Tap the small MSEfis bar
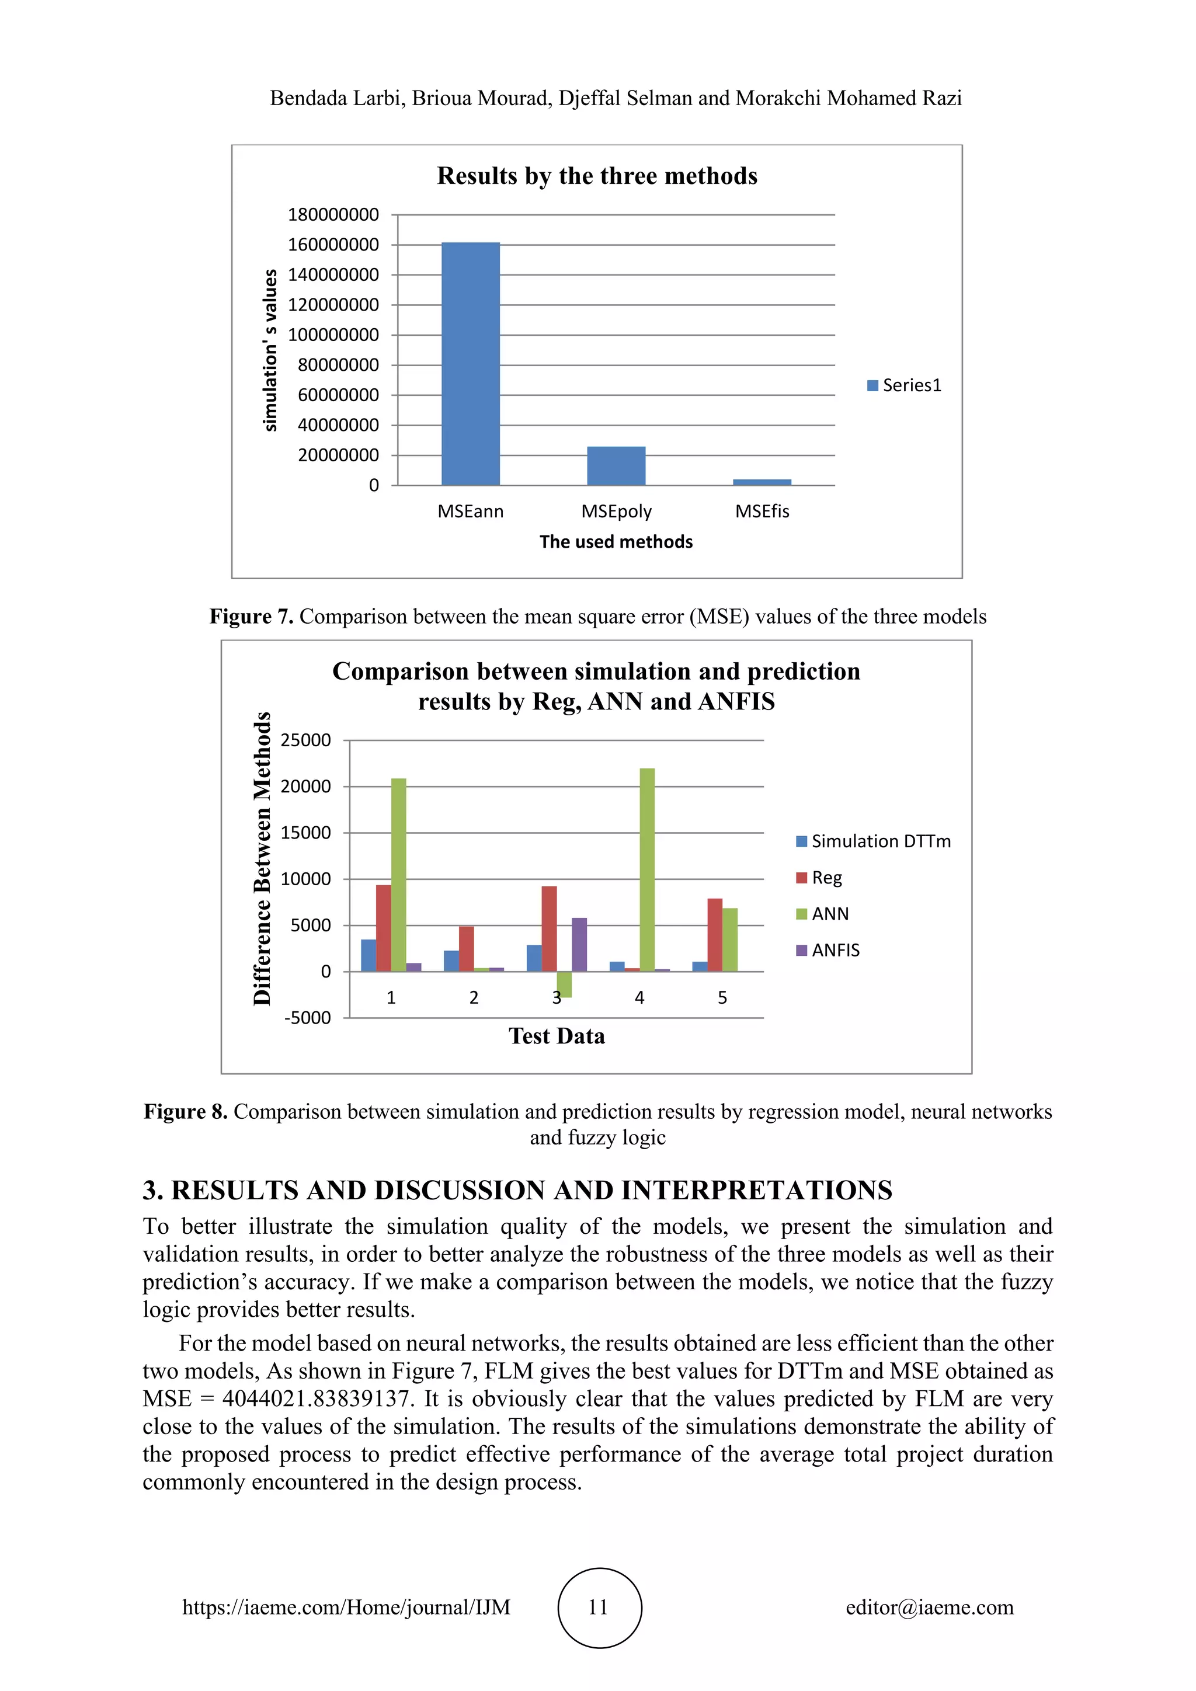pyautogui.click(x=762, y=482)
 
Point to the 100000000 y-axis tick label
pyautogui.click(x=333, y=335)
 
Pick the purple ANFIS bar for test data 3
pyautogui.click(x=579, y=944)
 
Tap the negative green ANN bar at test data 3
pyautogui.click(x=564, y=984)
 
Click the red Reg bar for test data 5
pyautogui.click(x=714, y=935)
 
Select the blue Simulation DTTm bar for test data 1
pyautogui.click(x=368, y=955)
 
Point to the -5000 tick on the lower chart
pyautogui.click(x=307, y=1018)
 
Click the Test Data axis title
pyautogui.click(x=556, y=1036)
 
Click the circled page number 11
pyautogui.click(x=599, y=1607)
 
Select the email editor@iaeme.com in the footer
pyautogui.click(x=929, y=1607)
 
